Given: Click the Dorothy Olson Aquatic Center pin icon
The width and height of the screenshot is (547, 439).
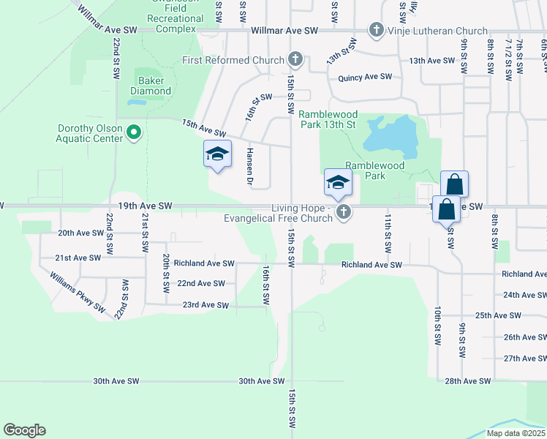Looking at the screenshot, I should click(133, 132).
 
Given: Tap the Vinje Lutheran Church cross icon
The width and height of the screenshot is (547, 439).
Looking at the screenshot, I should click(376, 30).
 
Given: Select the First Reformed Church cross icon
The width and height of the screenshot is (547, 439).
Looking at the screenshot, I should click(295, 59).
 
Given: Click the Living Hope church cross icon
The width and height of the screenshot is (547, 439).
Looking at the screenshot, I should click(344, 213).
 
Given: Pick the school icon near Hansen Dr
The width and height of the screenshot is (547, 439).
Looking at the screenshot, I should click(217, 154).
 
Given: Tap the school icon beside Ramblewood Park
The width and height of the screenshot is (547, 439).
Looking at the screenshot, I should click(338, 183).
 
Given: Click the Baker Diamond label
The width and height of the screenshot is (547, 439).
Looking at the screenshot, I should click(151, 86).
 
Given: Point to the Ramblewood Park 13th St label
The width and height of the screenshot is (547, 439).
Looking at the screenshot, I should click(327, 119).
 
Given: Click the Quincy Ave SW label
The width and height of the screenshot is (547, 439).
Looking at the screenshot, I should click(365, 77).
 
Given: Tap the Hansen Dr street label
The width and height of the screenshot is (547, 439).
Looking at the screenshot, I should click(249, 166).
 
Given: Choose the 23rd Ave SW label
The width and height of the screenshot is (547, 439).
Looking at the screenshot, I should click(205, 305).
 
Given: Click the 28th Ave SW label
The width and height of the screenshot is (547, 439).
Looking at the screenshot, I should click(468, 381).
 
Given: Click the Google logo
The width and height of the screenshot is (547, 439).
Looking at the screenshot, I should click(24, 430).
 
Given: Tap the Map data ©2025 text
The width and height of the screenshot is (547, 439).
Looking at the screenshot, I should click(516, 433).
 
